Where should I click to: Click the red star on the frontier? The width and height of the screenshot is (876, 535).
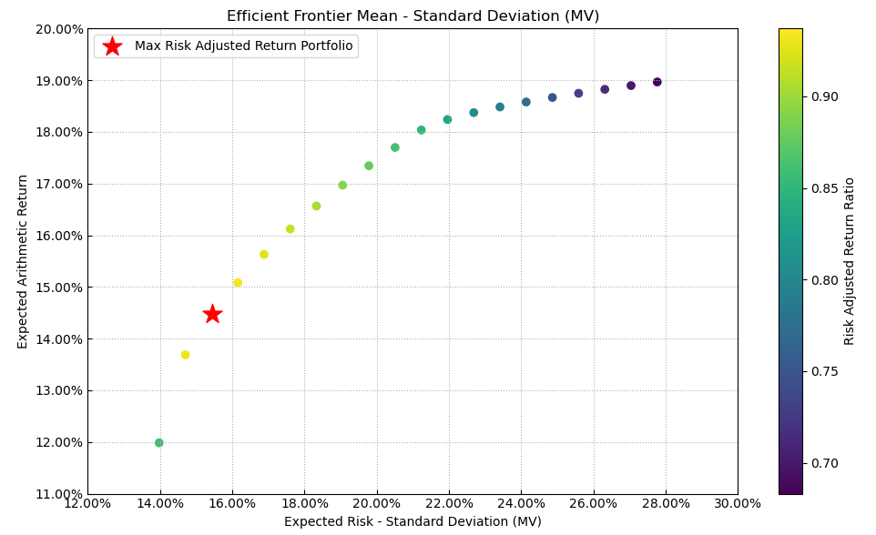click(212, 314)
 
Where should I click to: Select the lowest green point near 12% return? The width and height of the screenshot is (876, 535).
click(159, 443)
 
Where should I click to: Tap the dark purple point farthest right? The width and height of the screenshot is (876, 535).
click(657, 82)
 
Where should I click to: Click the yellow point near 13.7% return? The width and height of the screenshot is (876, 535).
click(185, 355)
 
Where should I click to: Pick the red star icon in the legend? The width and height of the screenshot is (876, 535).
click(112, 46)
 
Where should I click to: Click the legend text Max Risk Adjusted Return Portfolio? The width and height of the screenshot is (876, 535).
click(243, 46)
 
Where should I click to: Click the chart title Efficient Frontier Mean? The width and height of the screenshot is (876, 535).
click(413, 16)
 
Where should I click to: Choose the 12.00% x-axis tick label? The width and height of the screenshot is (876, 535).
click(87, 503)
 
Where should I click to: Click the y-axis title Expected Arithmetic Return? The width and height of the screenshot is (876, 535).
click(23, 261)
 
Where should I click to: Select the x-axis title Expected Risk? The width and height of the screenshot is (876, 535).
click(413, 522)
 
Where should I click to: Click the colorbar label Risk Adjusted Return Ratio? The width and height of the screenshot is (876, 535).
click(850, 261)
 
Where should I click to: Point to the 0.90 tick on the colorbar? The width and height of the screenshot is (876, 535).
click(825, 96)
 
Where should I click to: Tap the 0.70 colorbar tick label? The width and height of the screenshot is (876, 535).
click(825, 463)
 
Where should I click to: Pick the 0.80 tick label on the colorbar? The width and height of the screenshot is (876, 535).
click(825, 280)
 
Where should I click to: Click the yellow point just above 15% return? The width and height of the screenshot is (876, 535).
click(238, 283)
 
